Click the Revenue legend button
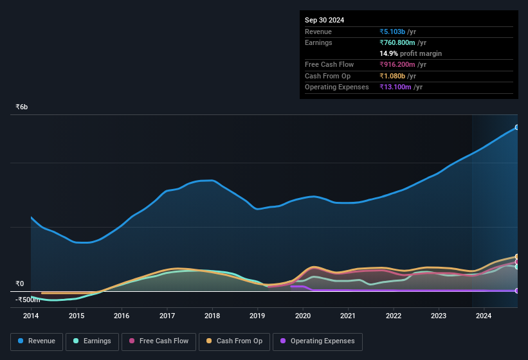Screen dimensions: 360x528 tap(37, 341)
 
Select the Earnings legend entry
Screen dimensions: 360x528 tap(92, 341)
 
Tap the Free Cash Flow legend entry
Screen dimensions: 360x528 tap(159, 341)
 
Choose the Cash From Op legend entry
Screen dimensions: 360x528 tap(234, 341)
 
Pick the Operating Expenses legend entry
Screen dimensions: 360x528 tap(317, 341)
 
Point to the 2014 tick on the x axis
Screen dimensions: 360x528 tap(31, 316)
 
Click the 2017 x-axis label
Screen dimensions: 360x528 tap(167, 316)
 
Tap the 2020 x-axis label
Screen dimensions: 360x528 tap(303, 316)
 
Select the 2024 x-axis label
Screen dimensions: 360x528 tap(484, 316)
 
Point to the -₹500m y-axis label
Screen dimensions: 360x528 tap(28, 300)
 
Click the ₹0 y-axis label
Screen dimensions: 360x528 tap(20, 283)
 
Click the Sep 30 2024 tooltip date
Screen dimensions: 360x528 tap(324, 20)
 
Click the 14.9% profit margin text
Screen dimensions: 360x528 tap(410, 53)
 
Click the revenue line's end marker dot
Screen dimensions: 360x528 tap(517, 127)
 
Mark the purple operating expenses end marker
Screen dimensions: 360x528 tap(517, 291)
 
